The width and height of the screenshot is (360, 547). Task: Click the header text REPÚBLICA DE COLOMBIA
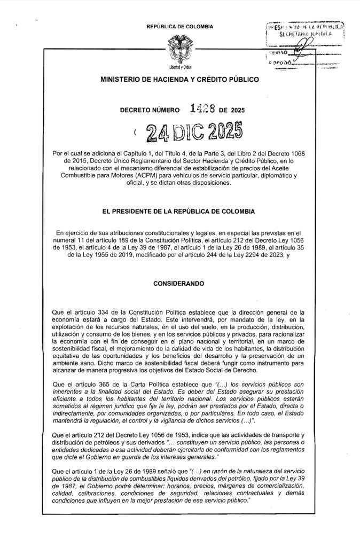pos(179,26)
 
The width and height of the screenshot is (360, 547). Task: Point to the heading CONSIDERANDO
pos(179,279)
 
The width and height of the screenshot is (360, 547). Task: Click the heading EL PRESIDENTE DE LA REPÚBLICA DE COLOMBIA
pos(179,212)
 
